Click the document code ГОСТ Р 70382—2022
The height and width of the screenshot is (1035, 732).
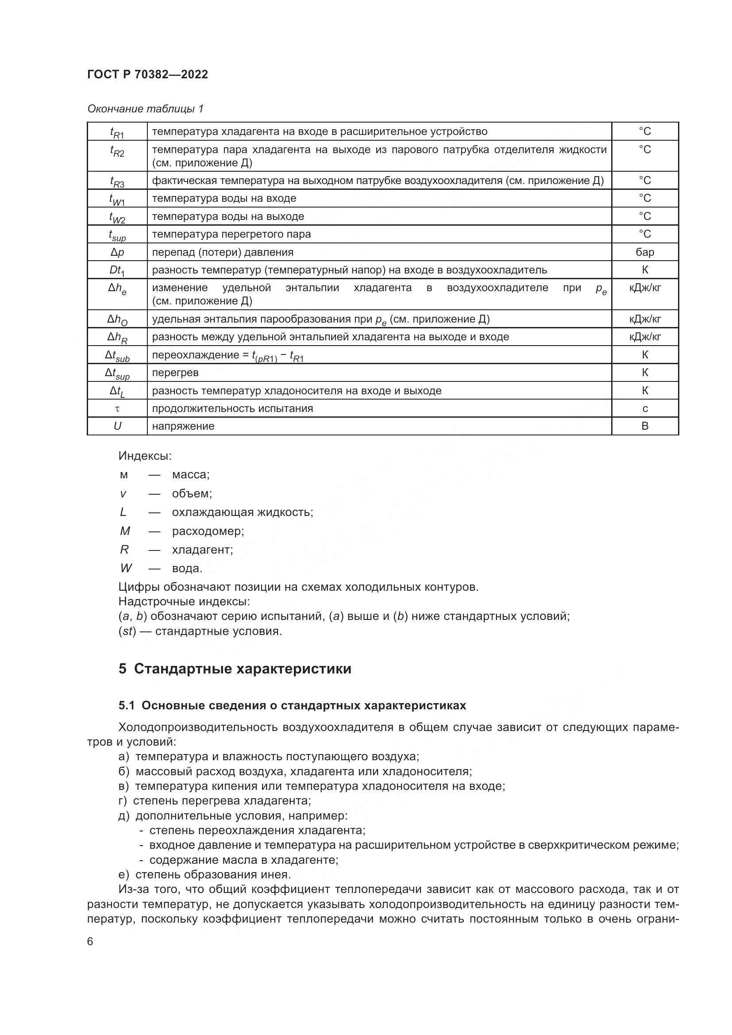(x=147, y=74)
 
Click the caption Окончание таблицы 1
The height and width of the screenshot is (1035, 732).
(x=145, y=109)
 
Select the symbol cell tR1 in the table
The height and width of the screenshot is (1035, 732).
(x=117, y=132)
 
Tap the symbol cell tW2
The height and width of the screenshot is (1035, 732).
(x=117, y=217)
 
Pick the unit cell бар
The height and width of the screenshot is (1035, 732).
(x=644, y=252)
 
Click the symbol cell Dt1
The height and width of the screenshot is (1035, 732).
(x=117, y=270)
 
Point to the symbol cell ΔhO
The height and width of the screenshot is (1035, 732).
(x=117, y=319)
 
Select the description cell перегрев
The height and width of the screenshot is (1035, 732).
(x=175, y=373)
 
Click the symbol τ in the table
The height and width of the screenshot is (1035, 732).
(x=117, y=408)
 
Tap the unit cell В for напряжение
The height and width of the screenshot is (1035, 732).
(x=644, y=426)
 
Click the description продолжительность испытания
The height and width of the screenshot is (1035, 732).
(x=232, y=408)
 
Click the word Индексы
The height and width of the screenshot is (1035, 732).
(x=145, y=456)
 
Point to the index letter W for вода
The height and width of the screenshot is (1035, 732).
(x=126, y=568)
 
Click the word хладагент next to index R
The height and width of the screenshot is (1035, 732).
(x=202, y=550)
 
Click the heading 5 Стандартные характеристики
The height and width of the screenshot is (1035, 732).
(x=235, y=669)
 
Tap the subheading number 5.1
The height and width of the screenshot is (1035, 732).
(x=127, y=705)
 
